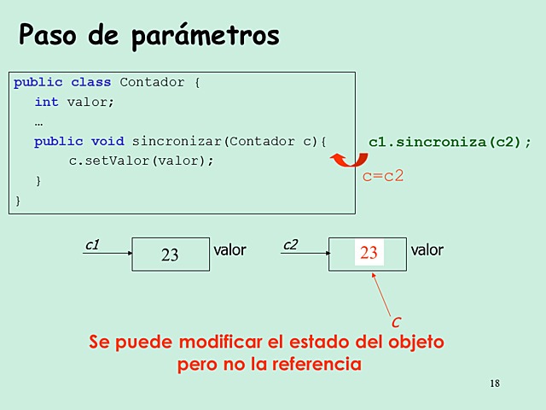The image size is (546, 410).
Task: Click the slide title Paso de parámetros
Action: point(148,35)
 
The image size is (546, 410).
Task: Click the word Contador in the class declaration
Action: point(152,83)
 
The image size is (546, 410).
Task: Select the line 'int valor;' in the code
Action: point(74,102)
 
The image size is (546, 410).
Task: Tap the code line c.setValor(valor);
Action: point(141,161)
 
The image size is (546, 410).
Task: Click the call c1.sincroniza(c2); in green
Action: point(450,142)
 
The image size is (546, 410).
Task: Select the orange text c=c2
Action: point(383,177)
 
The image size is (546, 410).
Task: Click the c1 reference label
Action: point(92,245)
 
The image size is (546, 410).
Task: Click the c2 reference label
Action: point(290,245)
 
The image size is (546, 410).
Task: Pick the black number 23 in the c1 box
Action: point(170,255)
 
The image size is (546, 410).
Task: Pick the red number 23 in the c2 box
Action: point(369,253)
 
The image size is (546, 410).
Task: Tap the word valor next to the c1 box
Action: point(229,250)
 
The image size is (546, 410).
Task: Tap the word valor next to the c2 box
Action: point(427,250)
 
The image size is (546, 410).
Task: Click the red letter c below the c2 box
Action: point(396,322)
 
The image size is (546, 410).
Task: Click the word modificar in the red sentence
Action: point(214,343)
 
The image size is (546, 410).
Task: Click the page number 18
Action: point(496,383)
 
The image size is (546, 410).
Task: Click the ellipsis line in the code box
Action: point(39,121)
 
